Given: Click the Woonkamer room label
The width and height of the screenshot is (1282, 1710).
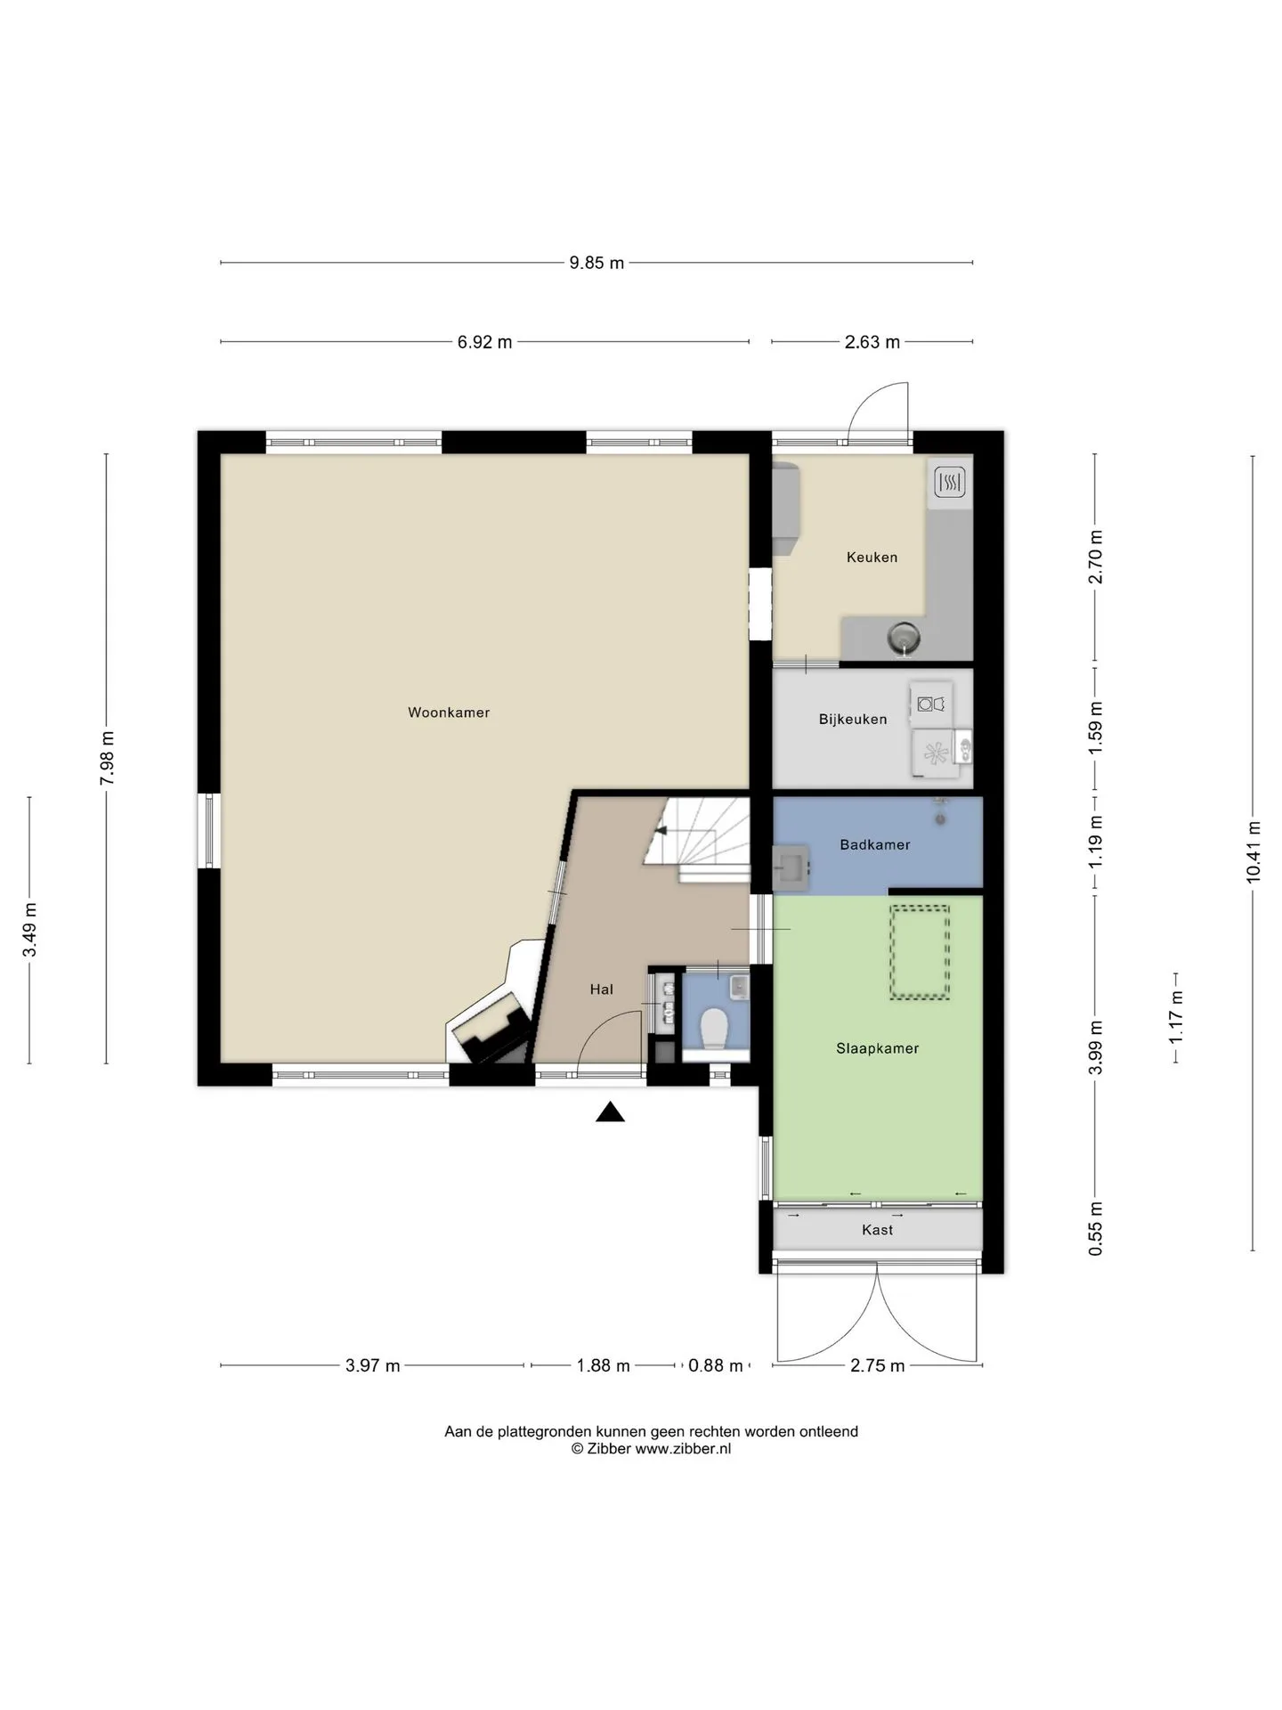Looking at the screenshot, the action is tap(449, 712).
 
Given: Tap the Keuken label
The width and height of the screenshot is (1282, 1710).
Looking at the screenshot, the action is tap(872, 558).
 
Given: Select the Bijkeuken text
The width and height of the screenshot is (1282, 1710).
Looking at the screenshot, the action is tap(853, 720).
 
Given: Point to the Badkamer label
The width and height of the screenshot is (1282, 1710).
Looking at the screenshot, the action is tap(875, 844).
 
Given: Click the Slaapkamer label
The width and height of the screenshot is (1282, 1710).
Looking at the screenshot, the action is tap(877, 1048).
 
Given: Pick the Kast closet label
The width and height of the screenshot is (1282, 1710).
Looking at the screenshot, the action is tap(877, 1230).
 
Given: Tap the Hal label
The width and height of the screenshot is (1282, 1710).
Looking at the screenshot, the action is tap(601, 989).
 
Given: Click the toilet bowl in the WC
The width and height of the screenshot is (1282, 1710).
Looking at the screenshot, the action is tap(715, 1030).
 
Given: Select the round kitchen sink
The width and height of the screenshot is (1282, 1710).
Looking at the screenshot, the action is tap(903, 637).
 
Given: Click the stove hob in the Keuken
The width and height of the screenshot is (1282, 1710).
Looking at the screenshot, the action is tap(950, 484).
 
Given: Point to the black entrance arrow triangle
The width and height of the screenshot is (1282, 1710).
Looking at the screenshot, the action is tap(610, 1111).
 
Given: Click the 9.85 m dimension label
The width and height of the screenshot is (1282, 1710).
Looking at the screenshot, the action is tap(596, 264).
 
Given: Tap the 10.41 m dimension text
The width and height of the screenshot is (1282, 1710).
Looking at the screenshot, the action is tap(1254, 851).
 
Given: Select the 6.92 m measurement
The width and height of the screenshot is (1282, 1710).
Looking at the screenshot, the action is tap(484, 342).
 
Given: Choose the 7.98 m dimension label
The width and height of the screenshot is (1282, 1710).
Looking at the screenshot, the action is tap(107, 758).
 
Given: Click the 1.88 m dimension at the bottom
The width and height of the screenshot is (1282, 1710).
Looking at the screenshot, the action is tap(603, 1365).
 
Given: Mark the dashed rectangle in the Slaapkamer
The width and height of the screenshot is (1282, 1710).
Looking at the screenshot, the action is tap(920, 952).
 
